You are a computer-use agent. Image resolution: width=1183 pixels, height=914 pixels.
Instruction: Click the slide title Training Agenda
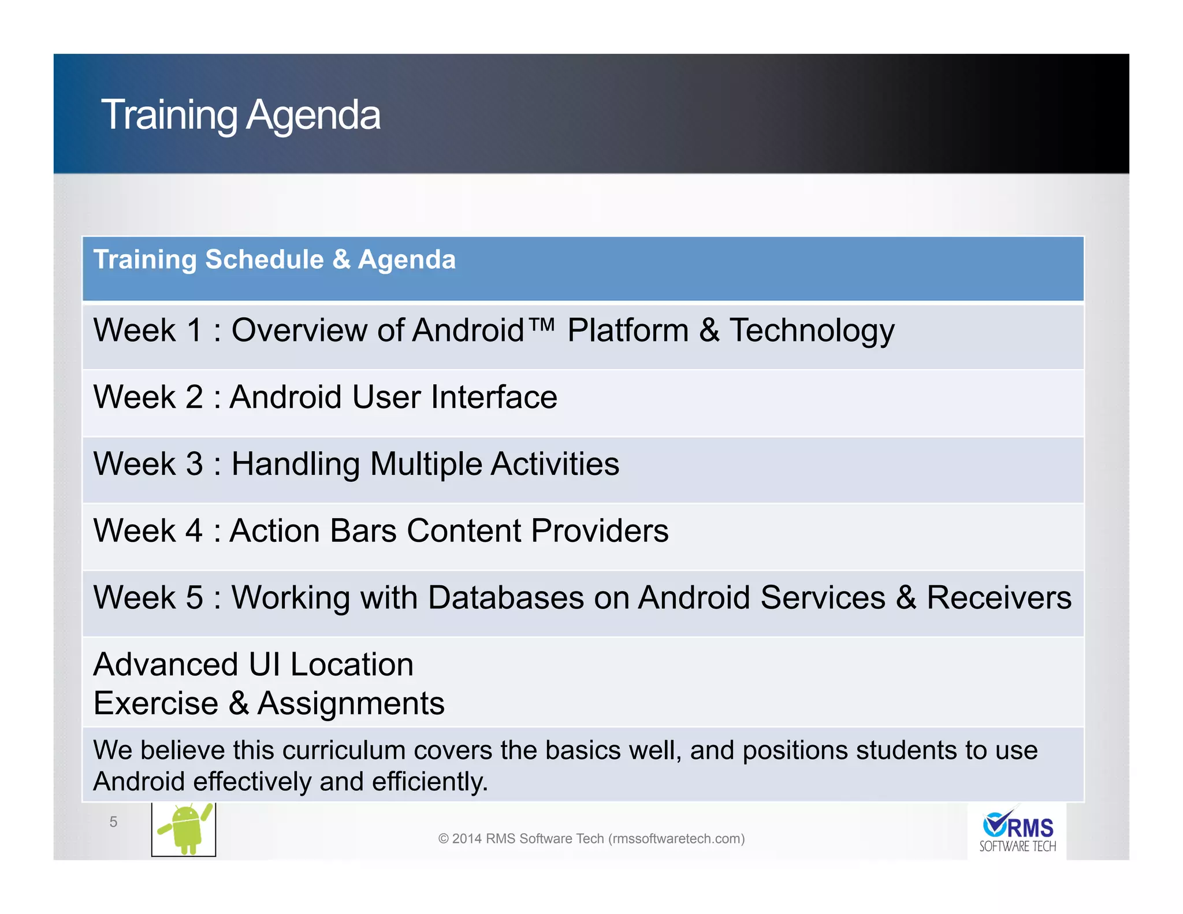(241, 115)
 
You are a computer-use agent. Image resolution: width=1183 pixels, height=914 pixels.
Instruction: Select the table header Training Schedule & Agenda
(274, 259)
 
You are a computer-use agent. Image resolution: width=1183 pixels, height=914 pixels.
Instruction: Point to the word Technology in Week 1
(812, 331)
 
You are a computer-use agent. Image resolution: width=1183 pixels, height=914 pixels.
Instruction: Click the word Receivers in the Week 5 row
(999, 598)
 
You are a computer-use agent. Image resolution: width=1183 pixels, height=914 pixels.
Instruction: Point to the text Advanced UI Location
(253, 664)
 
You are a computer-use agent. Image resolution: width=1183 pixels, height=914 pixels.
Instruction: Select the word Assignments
(351, 704)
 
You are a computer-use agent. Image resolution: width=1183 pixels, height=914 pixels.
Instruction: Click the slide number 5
(113, 822)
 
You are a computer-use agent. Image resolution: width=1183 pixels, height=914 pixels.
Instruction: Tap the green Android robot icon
(184, 829)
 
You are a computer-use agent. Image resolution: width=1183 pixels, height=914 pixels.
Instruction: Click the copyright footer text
(591, 838)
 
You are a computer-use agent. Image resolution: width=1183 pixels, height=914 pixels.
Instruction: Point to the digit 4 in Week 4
(194, 531)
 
